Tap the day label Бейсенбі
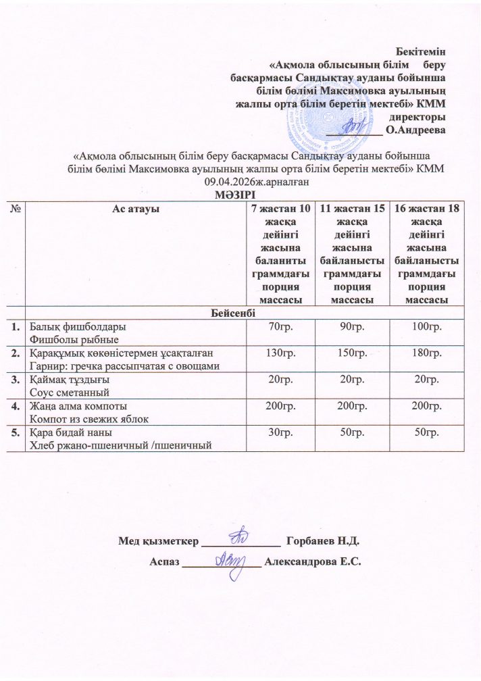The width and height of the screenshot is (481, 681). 241,313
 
